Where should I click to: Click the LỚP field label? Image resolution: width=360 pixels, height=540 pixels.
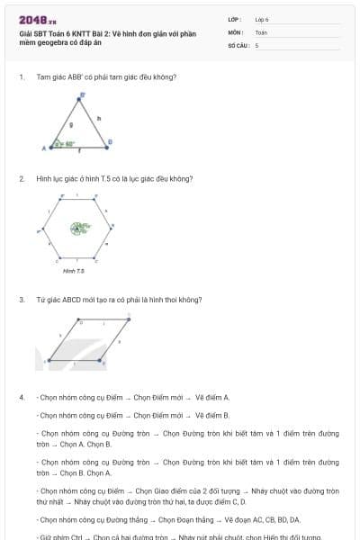(x=235, y=19)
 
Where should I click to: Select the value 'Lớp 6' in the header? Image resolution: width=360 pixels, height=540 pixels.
(x=262, y=19)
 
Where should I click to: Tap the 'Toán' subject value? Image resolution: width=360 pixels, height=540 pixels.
(x=261, y=31)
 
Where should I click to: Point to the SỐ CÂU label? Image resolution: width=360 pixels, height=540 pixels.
(x=238, y=44)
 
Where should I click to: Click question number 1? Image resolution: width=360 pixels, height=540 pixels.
(x=22, y=77)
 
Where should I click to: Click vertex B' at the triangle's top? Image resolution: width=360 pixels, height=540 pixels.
(x=83, y=94)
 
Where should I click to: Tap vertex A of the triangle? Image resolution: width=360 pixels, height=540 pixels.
(x=45, y=148)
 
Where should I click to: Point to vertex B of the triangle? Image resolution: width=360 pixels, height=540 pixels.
(x=110, y=141)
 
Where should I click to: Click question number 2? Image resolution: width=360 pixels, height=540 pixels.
(x=22, y=178)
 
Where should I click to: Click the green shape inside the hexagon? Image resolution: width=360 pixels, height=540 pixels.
(x=81, y=228)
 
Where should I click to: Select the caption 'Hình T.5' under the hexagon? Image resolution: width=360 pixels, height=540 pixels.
(x=73, y=270)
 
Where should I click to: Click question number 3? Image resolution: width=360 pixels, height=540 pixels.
(x=22, y=300)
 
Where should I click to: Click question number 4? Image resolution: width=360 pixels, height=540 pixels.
(x=22, y=397)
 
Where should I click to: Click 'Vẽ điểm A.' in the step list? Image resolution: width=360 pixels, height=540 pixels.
(x=212, y=397)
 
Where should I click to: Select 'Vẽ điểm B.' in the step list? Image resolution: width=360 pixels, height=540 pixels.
(x=212, y=415)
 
